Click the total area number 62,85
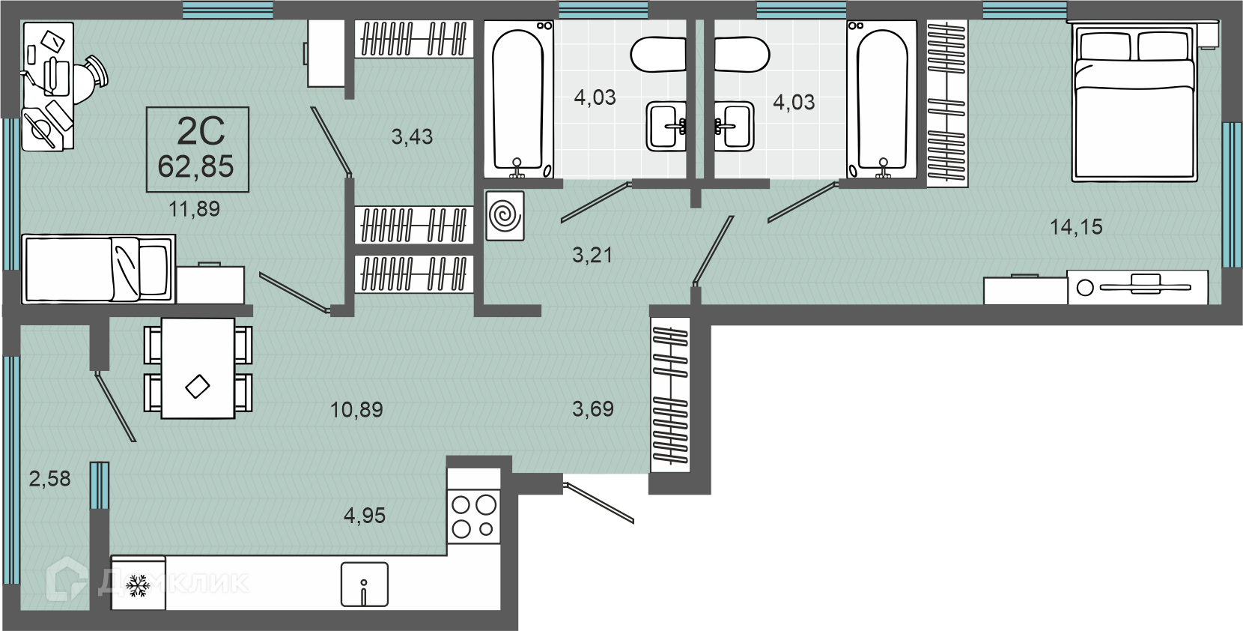[x=196, y=166]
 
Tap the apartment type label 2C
[x=201, y=132]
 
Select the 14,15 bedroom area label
[x=1076, y=226]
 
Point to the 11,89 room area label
[x=194, y=209]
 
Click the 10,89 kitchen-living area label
[x=356, y=410]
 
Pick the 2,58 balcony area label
[x=49, y=478]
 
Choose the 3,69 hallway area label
[x=592, y=409]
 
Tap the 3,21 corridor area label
[x=592, y=256]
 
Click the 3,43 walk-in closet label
[x=412, y=136]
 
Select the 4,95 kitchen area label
[x=365, y=516]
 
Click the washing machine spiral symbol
[x=505, y=216]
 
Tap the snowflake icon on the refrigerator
[x=137, y=585]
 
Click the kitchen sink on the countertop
[x=365, y=585]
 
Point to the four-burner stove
[x=474, y=516]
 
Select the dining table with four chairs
[x=198, y=368]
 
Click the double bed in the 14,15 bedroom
[x=1134, y=102]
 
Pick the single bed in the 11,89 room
[x=98, y=269]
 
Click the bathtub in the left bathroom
[x=518, y=100]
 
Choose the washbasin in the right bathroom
[x=734, y=126]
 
